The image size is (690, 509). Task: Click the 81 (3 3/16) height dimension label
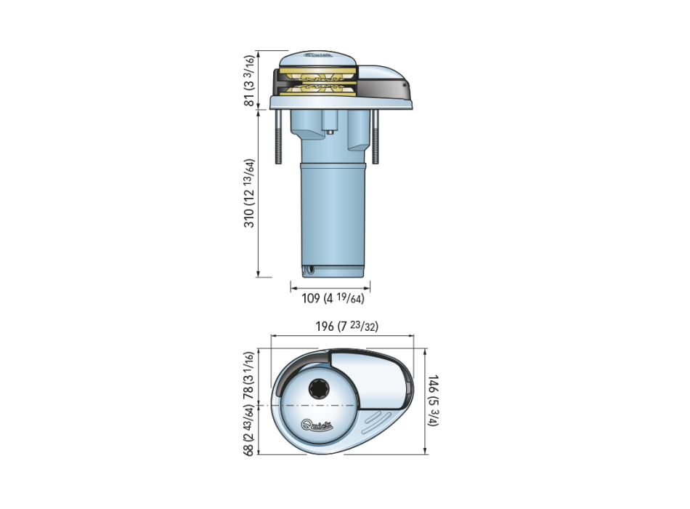tap(250, 81)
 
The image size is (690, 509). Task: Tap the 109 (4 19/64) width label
tap(333, 298)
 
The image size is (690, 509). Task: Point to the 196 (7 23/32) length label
tap(346, 326)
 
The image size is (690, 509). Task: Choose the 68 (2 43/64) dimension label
tap(250, 430)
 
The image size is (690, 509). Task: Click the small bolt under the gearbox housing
tap(330, 132)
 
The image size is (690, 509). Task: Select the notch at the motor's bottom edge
tap(309, 270)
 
